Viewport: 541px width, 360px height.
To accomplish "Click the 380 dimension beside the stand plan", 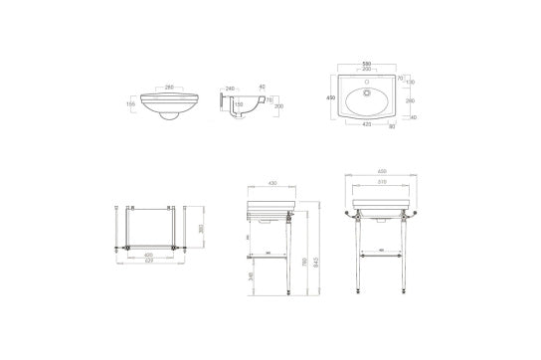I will click(x=203, y=230).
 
